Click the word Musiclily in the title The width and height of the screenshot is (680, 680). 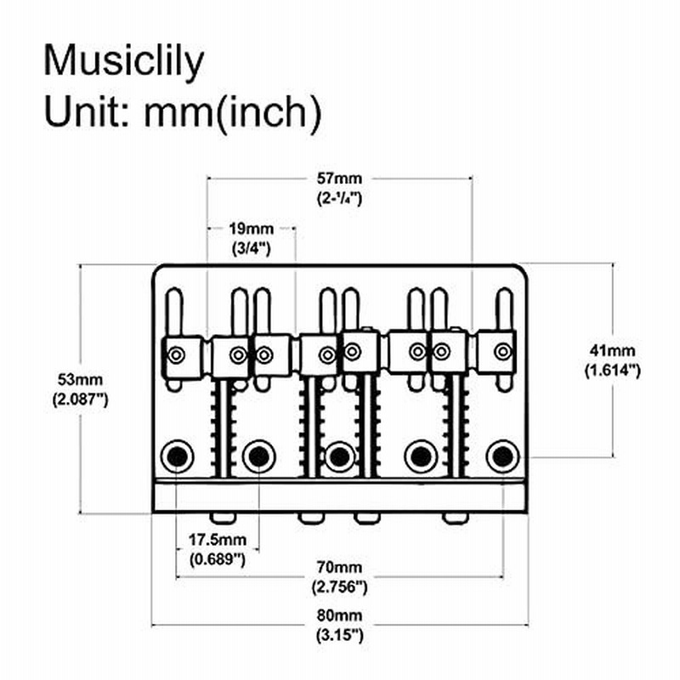123,62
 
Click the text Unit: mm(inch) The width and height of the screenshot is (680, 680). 183,112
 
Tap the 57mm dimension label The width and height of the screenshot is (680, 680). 339,178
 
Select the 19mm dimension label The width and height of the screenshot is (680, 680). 251,229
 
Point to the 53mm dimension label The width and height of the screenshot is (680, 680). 80,379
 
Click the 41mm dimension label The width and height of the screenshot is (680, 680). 612,350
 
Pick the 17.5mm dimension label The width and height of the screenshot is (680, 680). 218,540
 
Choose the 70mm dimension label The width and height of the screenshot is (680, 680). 339,567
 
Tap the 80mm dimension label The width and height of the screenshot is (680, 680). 339,615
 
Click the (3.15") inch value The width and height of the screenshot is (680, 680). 339,635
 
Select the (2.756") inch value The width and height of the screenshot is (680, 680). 339,587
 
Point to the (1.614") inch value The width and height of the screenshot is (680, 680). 612,371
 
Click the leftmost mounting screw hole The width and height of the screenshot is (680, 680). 177,456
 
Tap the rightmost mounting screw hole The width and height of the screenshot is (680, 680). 503,456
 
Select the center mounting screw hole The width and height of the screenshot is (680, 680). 340,456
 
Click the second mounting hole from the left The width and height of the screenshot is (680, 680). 259,456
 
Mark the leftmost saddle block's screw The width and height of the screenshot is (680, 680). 176,355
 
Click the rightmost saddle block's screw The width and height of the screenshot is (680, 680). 503,351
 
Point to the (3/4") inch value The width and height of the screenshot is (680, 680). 251,248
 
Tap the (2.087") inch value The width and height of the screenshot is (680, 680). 80,399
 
